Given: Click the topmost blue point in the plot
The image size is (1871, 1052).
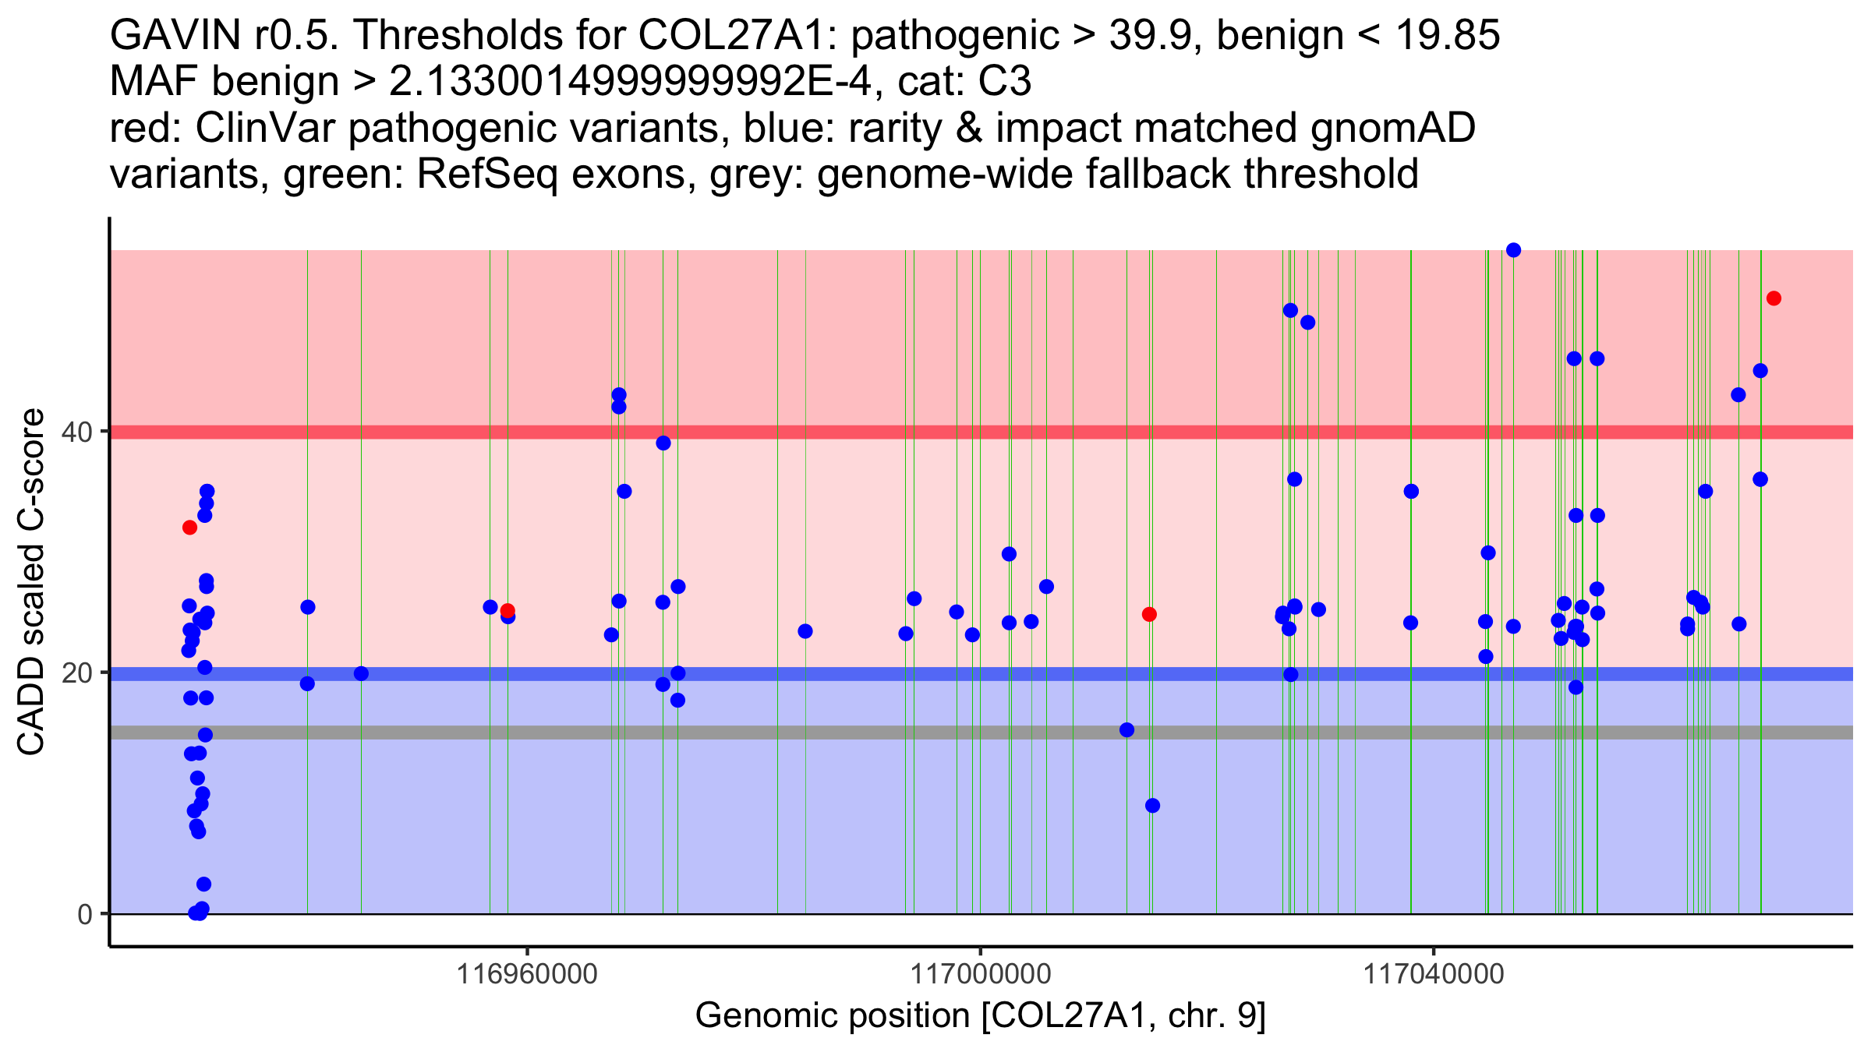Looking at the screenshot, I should (1513, 250).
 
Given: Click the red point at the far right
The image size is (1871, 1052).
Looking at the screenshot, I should (1774, 298).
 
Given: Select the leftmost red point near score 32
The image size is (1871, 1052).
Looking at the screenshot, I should (189, 528).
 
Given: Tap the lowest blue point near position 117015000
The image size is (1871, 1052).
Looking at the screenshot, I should (1152, 806).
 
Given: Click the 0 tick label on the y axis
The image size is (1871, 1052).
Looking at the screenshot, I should (85, 914).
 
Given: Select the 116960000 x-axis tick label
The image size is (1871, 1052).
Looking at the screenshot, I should (528, 974).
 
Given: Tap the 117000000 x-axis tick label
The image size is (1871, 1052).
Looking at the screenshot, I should (980, 974).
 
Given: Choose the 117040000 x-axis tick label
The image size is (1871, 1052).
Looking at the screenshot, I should (1433, 974).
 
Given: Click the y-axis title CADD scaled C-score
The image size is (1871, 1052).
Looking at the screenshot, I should (31, 583).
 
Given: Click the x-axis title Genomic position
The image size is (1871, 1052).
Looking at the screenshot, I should (980, 1016).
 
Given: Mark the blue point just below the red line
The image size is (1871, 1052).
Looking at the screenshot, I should (663, 443).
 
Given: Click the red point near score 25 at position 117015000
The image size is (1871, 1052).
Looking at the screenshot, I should (1149, 614).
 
